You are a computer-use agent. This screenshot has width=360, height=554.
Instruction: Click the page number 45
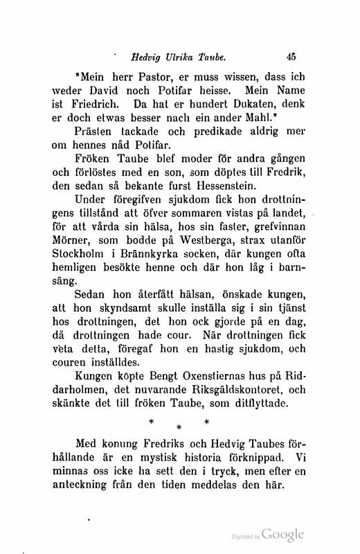coord(291,60)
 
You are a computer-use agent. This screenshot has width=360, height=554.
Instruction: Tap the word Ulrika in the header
coord(183,60)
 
